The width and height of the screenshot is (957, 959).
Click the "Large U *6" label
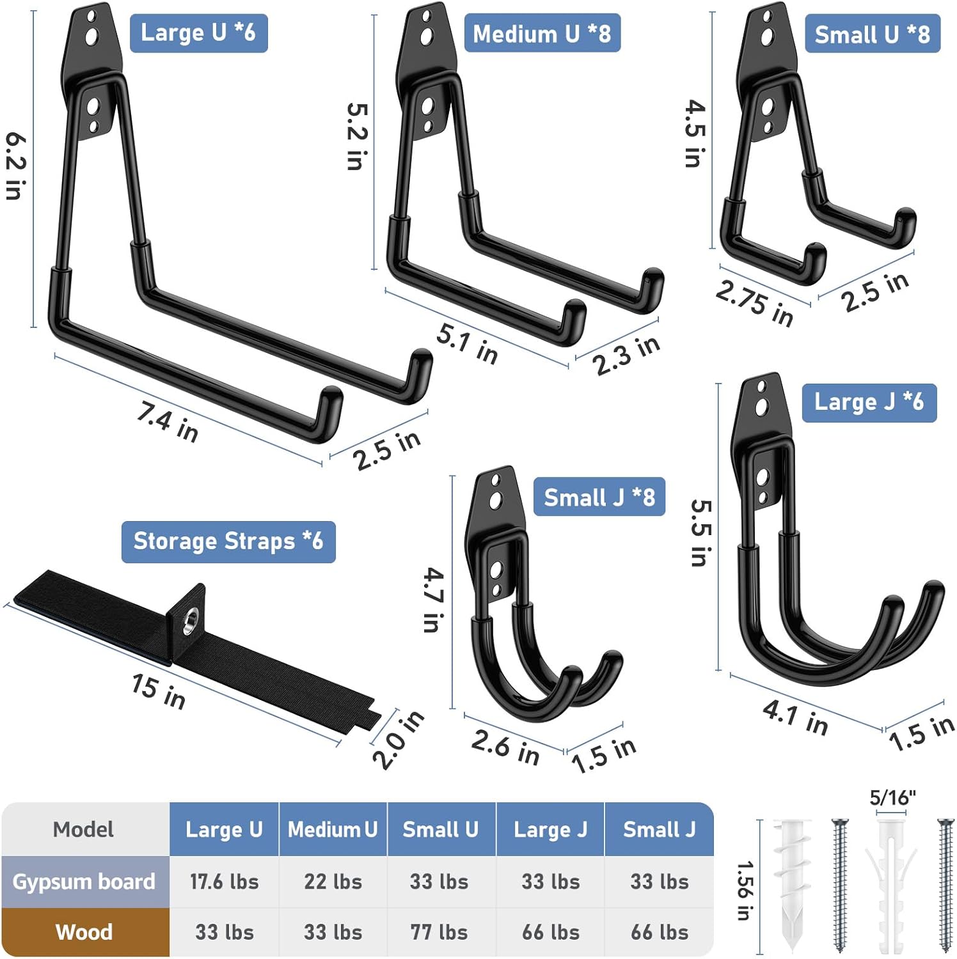198,33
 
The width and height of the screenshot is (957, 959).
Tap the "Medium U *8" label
542,33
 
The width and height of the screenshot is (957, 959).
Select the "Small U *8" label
872,34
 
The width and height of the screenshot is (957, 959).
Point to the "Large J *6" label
869,402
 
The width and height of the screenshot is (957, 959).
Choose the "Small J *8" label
599,497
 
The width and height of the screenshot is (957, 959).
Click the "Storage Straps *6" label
228,542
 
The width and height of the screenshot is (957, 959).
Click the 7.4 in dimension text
168,421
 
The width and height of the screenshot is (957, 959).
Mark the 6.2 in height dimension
16,166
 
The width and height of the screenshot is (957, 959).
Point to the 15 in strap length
158,691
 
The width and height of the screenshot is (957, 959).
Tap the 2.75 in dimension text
754,302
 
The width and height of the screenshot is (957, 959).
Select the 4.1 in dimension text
795,717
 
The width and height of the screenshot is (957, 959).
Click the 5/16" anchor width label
892,798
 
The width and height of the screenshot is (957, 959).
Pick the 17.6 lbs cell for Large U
225,882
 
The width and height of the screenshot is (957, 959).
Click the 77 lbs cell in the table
439,932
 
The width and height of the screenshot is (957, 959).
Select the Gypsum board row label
84,882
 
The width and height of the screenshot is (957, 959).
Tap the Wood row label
84,932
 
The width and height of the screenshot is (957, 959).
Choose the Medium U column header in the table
333,829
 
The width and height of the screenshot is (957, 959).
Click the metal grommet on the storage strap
191,621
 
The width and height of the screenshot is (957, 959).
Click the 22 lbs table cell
333,882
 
